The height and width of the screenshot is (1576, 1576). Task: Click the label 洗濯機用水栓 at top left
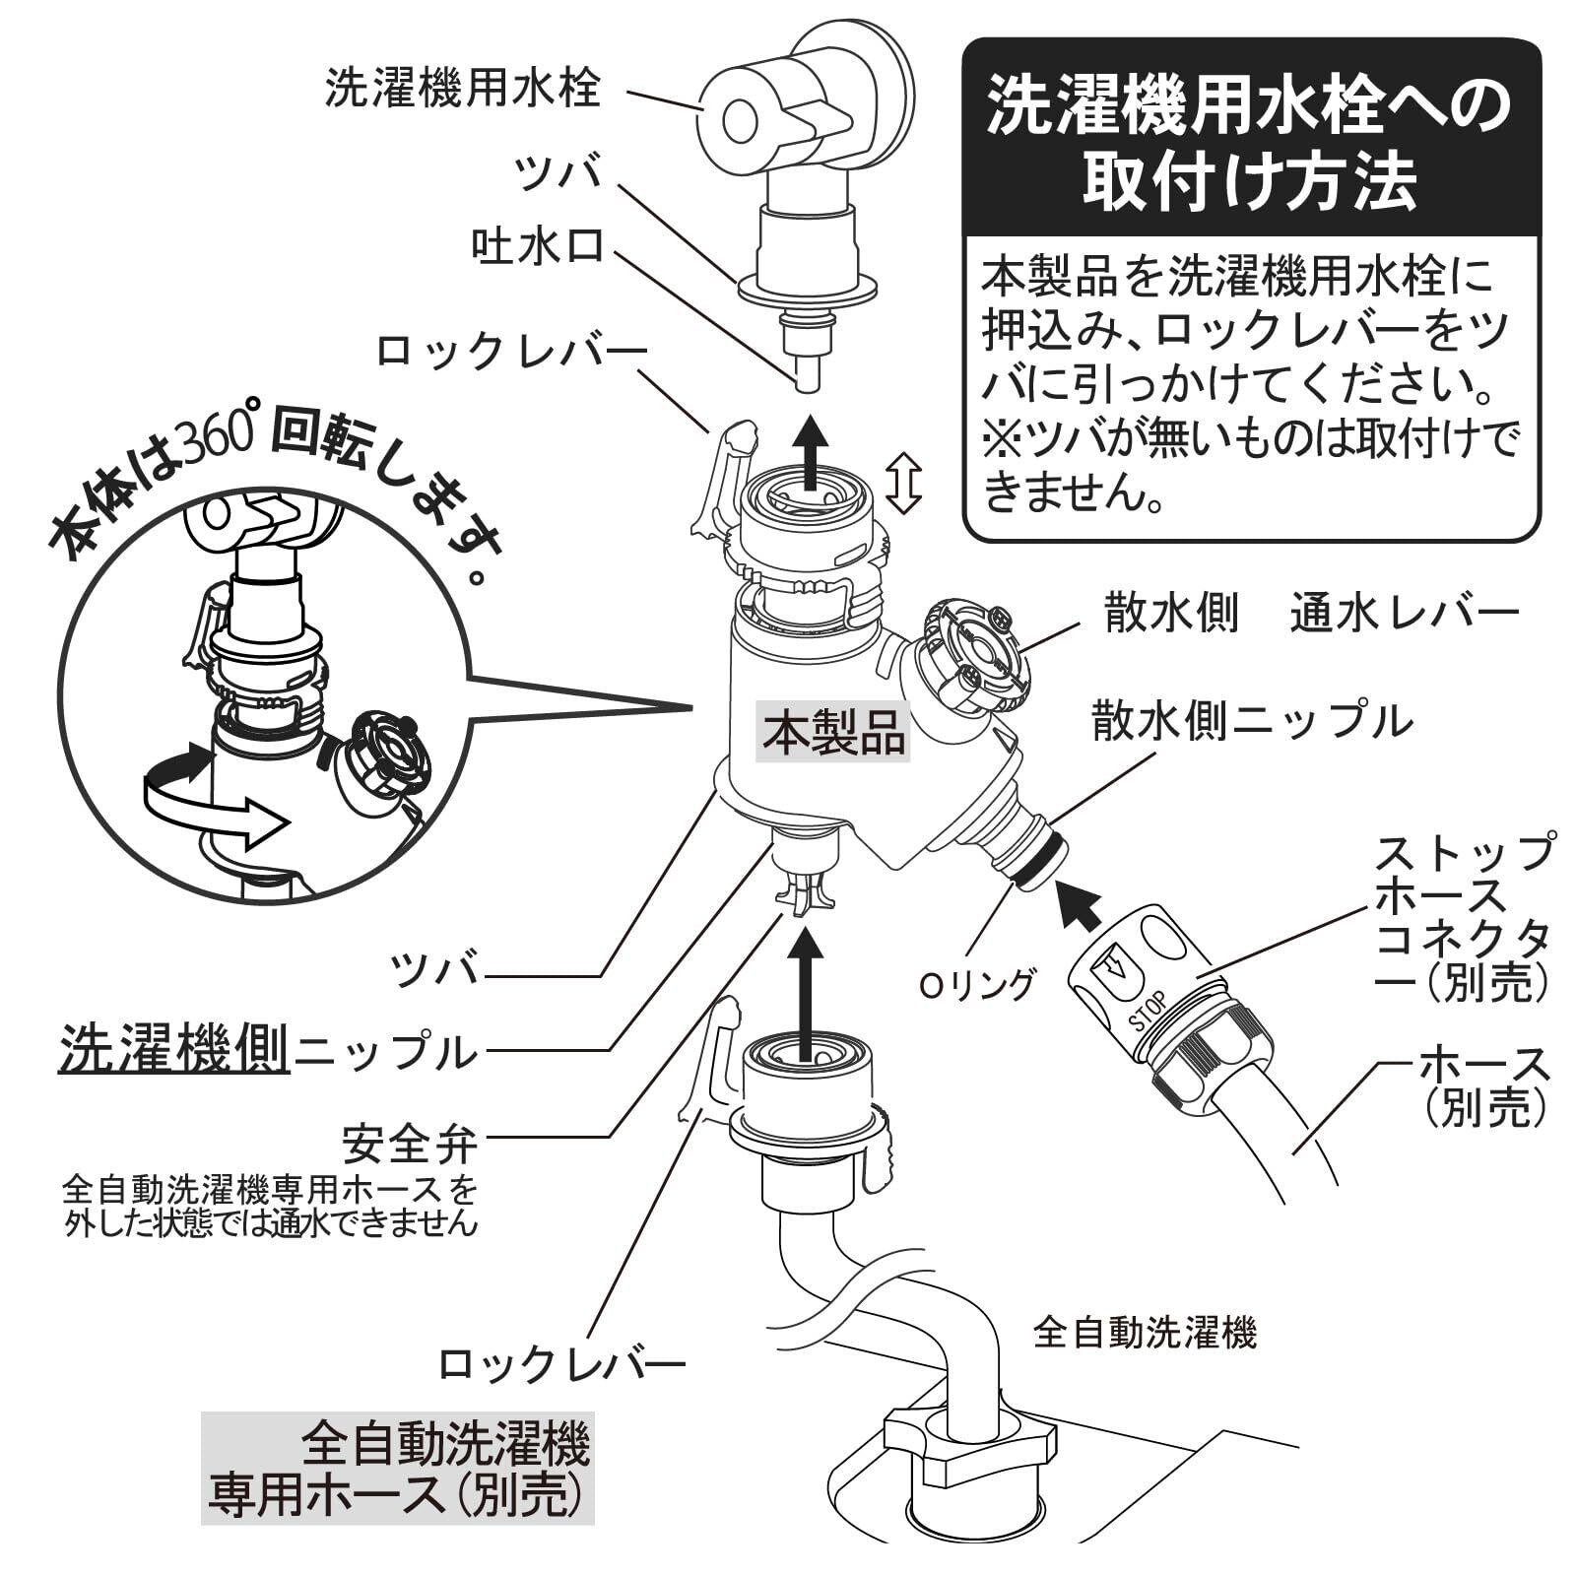pyautogui.click(x=462, y=89)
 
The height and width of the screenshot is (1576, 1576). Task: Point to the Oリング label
pyautogui.click(x=976, y=984)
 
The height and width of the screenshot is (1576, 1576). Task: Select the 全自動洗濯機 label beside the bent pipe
pyautogui.click(x=1145, y=1335)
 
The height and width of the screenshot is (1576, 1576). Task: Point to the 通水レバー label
pyautogui.click(x=1405, y=615)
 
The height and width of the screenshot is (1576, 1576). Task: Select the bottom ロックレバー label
pyautogui.click(x=560, y=1364)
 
